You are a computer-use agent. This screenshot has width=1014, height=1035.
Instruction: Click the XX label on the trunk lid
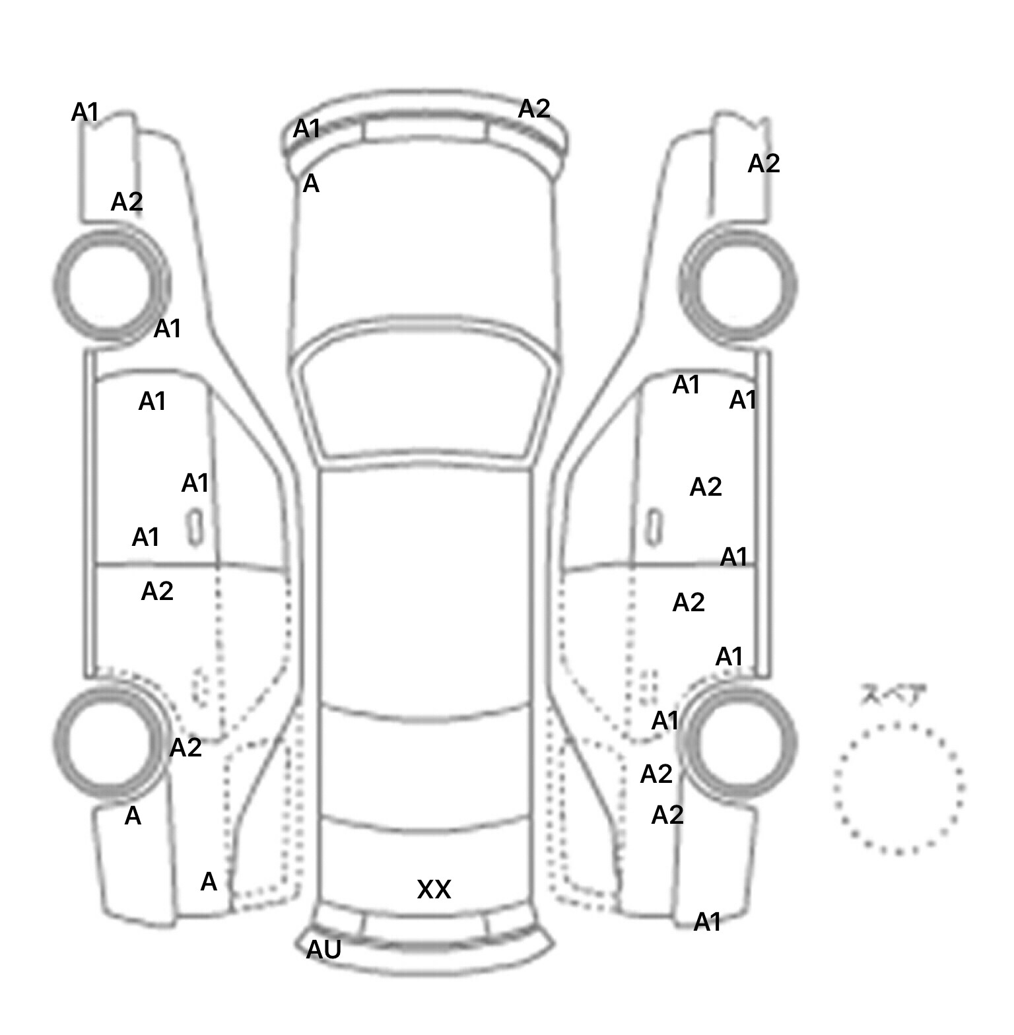434,890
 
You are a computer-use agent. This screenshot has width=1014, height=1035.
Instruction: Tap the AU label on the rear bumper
324,949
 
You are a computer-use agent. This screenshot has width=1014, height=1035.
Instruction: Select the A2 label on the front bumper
534,109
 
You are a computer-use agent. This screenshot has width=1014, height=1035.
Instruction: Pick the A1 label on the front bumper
307,129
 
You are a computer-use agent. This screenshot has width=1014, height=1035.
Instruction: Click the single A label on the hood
311,184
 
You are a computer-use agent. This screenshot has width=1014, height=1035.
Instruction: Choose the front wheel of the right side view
739,286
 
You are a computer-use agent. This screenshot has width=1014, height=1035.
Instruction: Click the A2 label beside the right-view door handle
706,487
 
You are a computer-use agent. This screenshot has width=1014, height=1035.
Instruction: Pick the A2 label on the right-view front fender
764,164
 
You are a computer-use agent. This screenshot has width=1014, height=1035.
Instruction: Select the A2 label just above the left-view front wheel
127,202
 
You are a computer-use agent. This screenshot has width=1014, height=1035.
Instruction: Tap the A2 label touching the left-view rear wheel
186,748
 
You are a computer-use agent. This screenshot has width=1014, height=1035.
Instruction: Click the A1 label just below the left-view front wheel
168,328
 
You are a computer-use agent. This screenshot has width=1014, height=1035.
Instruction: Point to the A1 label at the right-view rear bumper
708,921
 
